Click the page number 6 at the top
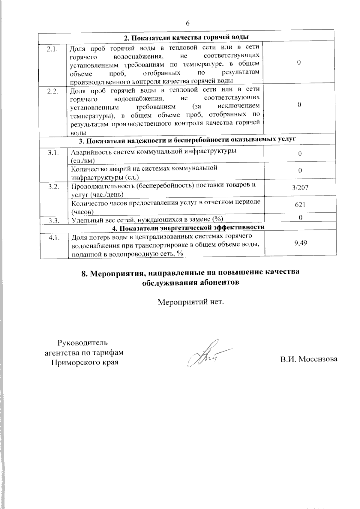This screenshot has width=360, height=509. click(188, 23)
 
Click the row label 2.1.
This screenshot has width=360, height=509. click(52, 49)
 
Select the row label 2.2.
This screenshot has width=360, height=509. click(52, 91)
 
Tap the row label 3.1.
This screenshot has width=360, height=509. click(52, 153)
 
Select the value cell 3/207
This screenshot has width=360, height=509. click(300, 188)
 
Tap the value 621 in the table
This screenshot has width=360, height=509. click(300, 205)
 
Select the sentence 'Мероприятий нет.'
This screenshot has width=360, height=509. click(191, 301)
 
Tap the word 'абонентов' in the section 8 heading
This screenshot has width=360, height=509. click(218, 283)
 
